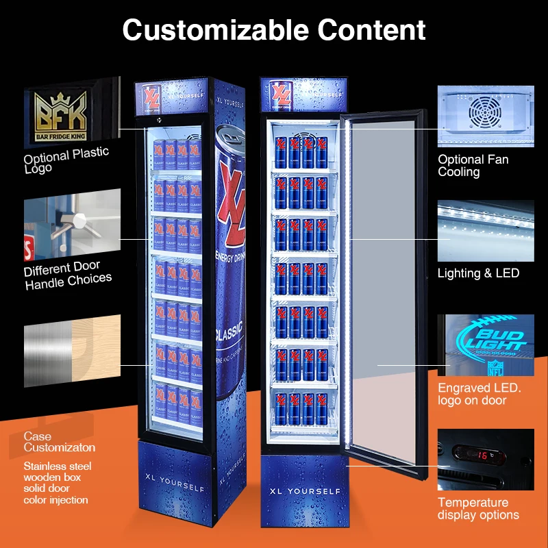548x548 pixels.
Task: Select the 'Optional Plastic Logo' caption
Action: (x=66, y=160)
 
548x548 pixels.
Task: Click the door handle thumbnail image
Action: (x=62, y=226)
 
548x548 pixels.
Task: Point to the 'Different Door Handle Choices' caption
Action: (x=68, y=273)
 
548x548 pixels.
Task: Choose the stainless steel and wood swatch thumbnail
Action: (x=62, y=347)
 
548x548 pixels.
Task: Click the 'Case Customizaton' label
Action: (x=60, y=442)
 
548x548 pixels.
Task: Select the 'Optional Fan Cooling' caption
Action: (x=473, y=165)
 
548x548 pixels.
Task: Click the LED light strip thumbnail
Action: (x=485, y=230)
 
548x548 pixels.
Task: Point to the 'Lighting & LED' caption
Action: (x=479, y=273)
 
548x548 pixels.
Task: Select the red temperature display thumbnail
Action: (x=485, y=459)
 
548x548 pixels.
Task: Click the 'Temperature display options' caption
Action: (x=479, y=509)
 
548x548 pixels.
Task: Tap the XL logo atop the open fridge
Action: (x=281, y=93)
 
